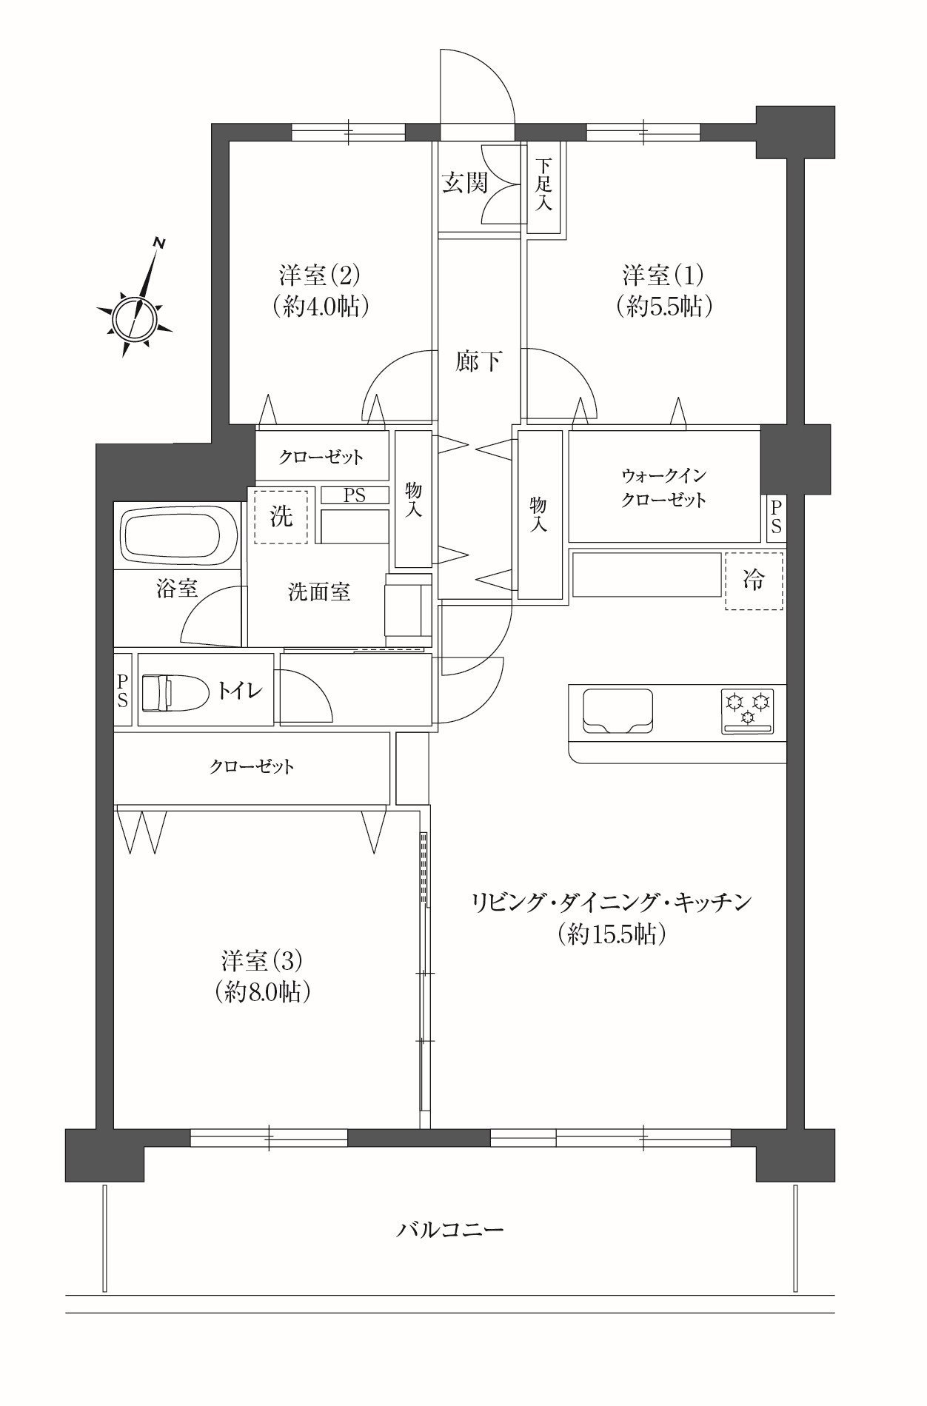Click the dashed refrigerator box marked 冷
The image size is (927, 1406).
coord(754,581)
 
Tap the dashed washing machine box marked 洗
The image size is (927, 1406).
coord(281,516)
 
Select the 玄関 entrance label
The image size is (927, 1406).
coord(465,183)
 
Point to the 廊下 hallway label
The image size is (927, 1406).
coord(479,362)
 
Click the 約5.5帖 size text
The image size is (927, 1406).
coord(664,307)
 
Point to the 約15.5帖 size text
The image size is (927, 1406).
coord(613,934)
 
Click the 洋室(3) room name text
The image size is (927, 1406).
coord(261,961)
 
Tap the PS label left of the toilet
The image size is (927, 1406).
coord(122,689)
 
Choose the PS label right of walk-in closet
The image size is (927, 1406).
coord(775,516)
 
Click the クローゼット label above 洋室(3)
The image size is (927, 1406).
coord(252,766)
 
